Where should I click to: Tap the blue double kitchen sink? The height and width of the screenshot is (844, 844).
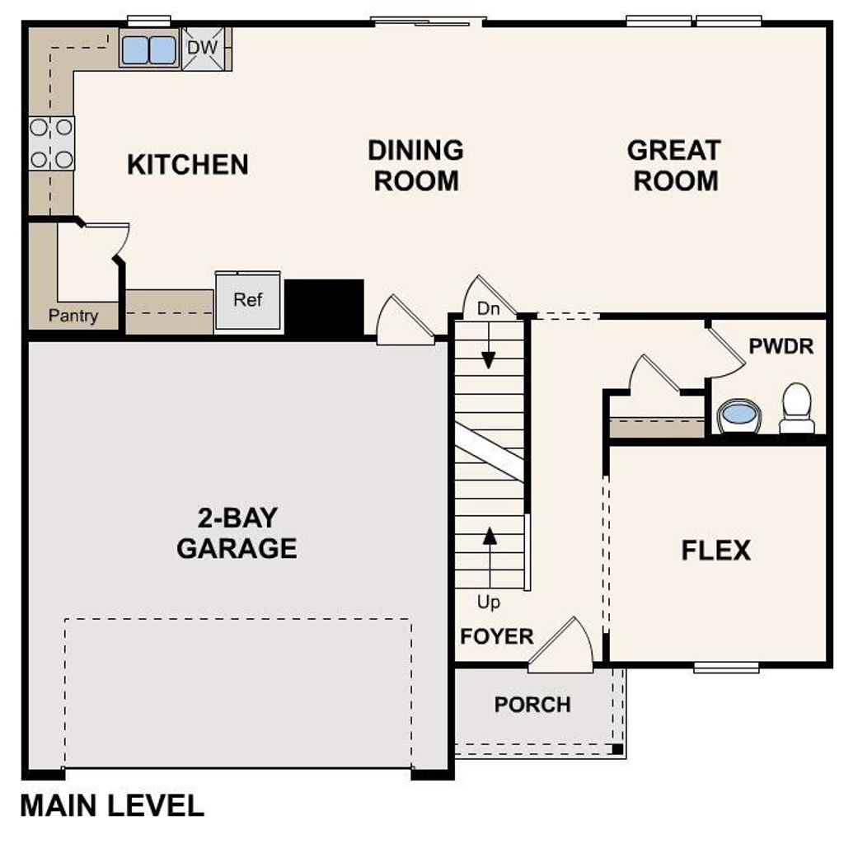point(149,50)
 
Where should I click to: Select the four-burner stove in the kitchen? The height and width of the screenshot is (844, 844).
point(52,143)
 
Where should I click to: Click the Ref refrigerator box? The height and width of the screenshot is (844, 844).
point(248,302)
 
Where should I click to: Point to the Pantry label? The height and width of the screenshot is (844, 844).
point(73,316)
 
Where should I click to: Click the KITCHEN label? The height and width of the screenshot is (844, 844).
point(188,165)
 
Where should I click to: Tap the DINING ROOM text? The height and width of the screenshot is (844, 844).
point(415,166)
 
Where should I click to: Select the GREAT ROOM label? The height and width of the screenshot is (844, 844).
point(674,166)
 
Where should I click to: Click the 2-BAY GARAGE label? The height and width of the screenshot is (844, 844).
point(237,533)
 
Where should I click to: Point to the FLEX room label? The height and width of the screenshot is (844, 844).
point(715,550)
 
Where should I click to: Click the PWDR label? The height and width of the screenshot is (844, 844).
point(781,346)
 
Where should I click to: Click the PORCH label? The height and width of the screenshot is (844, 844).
point(532,705)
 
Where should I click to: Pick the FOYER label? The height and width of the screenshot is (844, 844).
point(497,636)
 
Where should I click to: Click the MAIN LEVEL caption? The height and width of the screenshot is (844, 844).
point(112,805)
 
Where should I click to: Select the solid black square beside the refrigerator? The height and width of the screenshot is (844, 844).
point(325,307)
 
